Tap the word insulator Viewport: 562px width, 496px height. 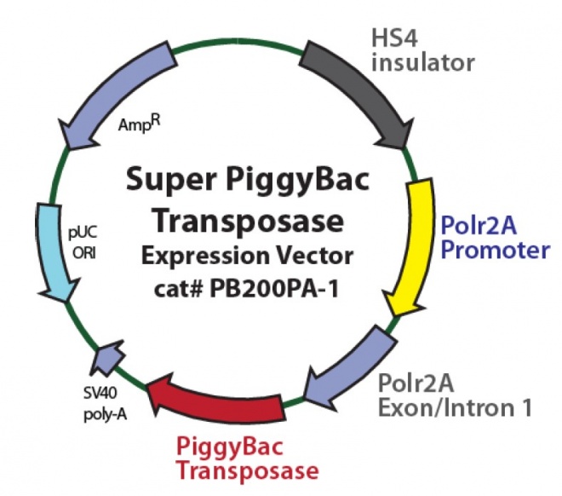422,63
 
